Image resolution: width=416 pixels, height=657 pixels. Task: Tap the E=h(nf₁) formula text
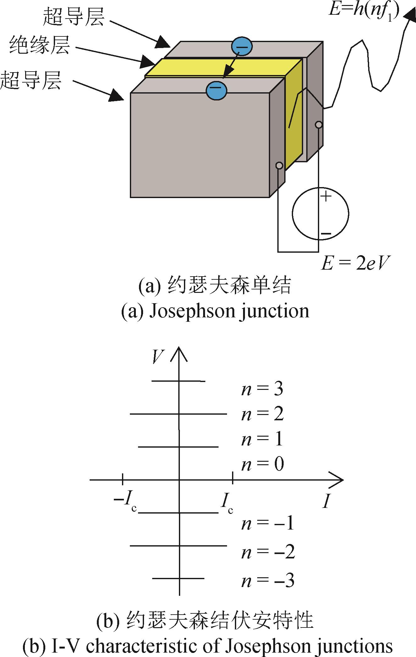364,9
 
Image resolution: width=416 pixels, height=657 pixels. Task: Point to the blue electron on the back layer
242,47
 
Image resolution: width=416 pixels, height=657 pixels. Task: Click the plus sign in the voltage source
326,197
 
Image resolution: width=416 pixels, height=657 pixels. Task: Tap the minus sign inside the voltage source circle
326,234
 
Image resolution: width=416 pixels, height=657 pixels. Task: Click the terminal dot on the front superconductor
279,165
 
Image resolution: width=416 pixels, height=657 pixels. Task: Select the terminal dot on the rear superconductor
319,125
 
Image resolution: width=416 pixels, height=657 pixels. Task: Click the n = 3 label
262,389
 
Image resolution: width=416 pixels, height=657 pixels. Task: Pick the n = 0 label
263,464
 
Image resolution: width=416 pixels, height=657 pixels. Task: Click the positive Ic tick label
226,499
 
